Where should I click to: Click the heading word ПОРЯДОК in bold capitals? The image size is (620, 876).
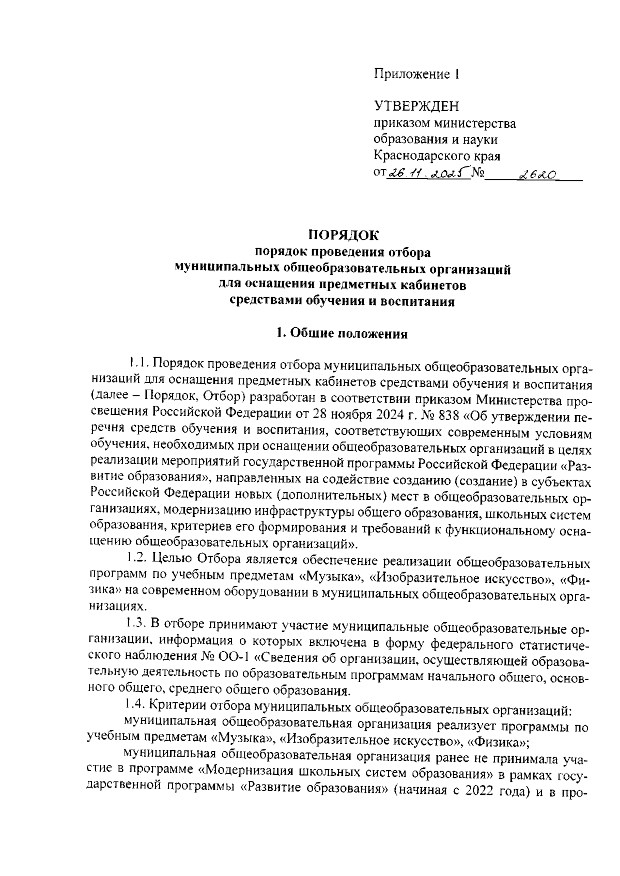coord(344,236)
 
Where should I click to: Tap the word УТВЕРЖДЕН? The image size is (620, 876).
coord(416,106)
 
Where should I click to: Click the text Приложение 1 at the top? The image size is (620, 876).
coord(416,74)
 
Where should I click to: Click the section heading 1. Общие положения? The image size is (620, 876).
coord(342,334)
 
